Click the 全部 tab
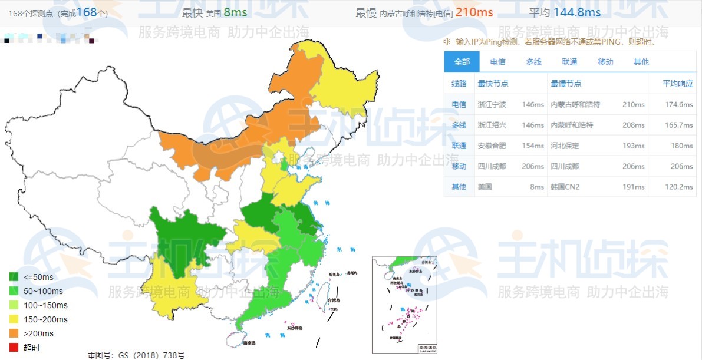pos(462,62)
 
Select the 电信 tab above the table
pos(497,62)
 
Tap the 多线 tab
pos(533,62)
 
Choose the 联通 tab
pos(569,62)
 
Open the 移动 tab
pos(605,62)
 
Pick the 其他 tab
pos(641,62)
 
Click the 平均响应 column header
pos(678,84)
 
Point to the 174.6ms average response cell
pos(678,105)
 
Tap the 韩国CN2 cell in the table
pos(565,187)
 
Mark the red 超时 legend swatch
pos(14,348)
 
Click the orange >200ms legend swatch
pos(14,333)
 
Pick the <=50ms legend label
pos(39,277)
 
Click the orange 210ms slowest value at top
pos(474,12)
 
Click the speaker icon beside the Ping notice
pos(447,42)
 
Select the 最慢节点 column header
pos(566,84)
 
